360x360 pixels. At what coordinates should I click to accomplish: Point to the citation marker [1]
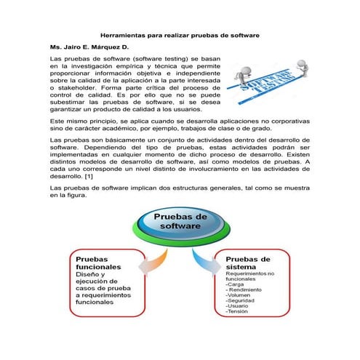pyautogui.click(x=88, y=176)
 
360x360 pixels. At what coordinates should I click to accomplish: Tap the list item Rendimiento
pyautogui.click(x=247, y=289)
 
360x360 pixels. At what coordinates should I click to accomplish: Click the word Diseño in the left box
pyautogui.click(x=89, y=274)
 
